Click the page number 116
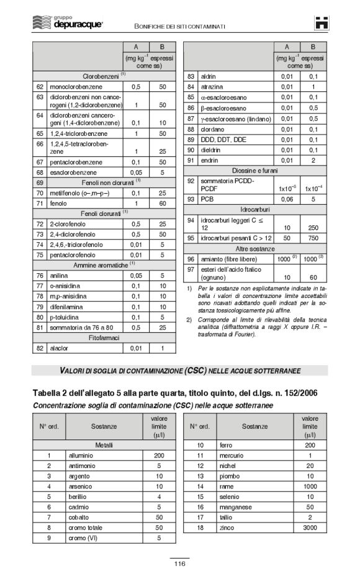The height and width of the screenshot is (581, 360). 179,564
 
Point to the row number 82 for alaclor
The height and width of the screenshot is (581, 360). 40,348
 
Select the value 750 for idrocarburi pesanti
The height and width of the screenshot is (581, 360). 313,238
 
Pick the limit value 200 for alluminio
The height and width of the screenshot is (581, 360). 159,456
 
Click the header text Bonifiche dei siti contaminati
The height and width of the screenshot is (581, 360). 179,26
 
